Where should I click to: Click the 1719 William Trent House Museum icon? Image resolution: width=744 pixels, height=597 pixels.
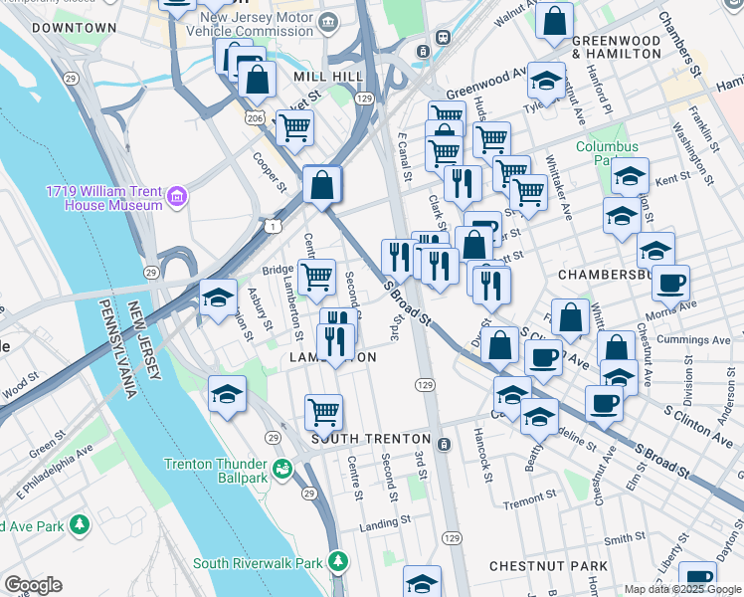[x=177, y=197]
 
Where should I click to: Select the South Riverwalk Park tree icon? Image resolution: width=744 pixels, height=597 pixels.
[x=340, y=563]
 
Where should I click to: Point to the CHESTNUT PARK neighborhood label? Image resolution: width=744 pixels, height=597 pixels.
[x=548, y=566]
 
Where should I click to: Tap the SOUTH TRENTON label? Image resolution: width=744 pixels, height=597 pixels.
[x=371, y=439]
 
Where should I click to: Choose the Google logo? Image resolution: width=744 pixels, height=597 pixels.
[x=33, y=585]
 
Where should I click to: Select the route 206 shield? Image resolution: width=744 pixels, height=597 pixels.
[x=255, y=117]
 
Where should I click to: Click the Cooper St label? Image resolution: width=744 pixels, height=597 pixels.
[x=270, y=171]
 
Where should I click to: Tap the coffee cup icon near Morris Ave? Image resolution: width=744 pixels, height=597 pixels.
[x=670, y=284]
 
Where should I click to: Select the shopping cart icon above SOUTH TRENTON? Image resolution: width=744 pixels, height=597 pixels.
[x=323, y=411]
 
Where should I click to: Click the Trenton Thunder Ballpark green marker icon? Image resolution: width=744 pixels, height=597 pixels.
[x=281, y=466]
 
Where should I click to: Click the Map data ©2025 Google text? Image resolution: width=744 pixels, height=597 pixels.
[x=682, y=589]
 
